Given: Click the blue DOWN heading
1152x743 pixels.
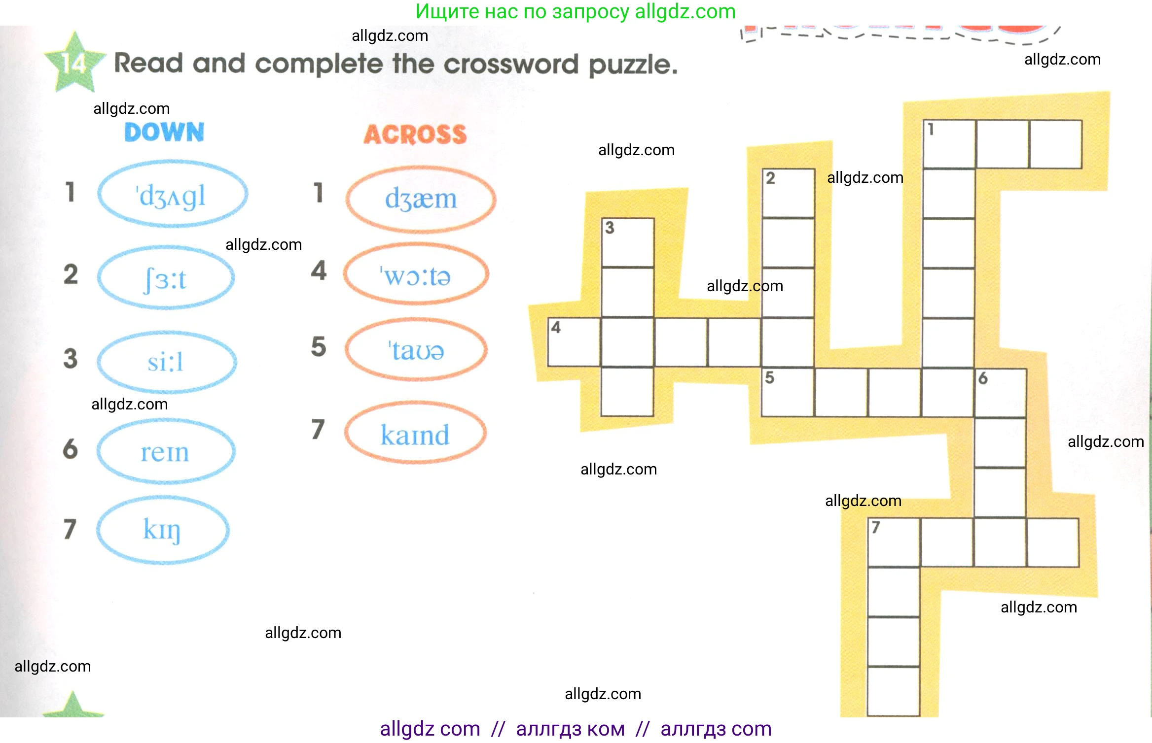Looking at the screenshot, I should pyautogui.click(x=164, y=132).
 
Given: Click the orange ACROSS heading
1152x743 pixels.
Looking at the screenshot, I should pyautogui.click(x=415, y=135).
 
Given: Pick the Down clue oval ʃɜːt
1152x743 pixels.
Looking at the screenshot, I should pyautogui.click(x=166, y=277).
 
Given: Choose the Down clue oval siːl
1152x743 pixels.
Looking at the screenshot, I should pyautogui.click(x=167, y=362).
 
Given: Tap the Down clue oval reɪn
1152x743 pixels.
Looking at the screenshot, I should pyautogui.click(x=166, y=451).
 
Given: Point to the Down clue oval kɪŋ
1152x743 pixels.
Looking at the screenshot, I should pyautogui.click(x=163, y=530).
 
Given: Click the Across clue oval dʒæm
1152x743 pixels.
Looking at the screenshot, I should pyautogui.click(x=421, y=199).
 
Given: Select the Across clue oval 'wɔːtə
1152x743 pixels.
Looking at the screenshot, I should pyautogui.click(x=416, y=274).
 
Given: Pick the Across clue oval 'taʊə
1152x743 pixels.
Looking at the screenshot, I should pyautogui.click(x=416, y=350).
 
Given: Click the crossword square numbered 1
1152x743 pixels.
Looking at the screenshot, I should pyautogui.click(x=949, y=144).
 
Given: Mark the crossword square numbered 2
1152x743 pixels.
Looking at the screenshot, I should pyautogui.click(x=788, y=193).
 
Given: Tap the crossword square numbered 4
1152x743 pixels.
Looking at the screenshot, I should pyautogui.click(x=574, y=342).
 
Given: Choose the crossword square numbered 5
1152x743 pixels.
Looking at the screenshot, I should pyautogui.click(x=788, y=392).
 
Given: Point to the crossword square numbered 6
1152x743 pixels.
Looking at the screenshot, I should pyautogui.click(x=1000, y=393).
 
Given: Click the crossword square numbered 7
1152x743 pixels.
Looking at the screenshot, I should pyautogui.click(x=894, y=542).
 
